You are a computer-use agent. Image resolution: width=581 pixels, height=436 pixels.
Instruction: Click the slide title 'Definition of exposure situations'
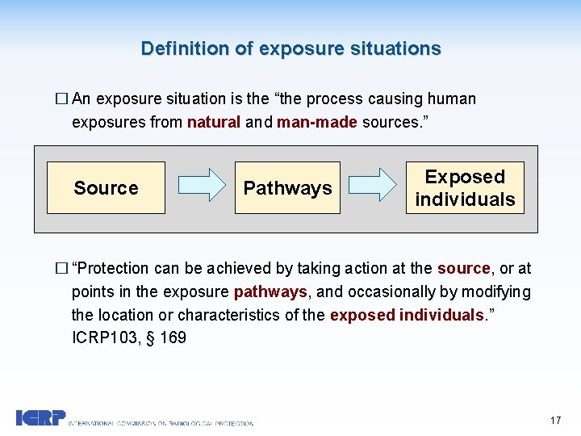(290, 48)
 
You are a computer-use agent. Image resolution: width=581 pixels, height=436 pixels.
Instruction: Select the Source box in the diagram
(106, 188)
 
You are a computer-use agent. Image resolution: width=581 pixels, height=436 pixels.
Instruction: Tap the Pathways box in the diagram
(287, 188)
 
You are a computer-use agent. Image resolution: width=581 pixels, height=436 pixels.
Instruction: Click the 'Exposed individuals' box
(465, 188)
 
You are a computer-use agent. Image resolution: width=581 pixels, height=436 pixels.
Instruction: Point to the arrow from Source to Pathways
(201, 185)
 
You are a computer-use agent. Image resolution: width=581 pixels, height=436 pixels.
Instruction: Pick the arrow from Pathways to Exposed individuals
(379, 185)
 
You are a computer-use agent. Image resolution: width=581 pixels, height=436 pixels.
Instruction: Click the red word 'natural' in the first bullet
(214, 123)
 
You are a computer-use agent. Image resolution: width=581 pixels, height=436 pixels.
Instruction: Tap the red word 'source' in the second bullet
(463, 268)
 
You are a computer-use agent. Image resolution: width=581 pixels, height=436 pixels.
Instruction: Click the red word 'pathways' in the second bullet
(270, 291)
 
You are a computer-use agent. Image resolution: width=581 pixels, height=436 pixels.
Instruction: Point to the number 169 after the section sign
(173, 337)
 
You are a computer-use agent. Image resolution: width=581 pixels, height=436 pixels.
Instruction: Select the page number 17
(554, 420)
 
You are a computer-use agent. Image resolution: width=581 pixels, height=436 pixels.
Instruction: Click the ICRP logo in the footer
(40, 417)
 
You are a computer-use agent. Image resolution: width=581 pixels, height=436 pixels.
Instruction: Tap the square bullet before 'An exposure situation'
(61, 99)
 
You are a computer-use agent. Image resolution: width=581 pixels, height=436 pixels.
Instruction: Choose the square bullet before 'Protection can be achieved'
(61, 269)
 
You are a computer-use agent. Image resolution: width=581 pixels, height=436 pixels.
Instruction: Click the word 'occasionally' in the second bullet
(391, 291)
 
